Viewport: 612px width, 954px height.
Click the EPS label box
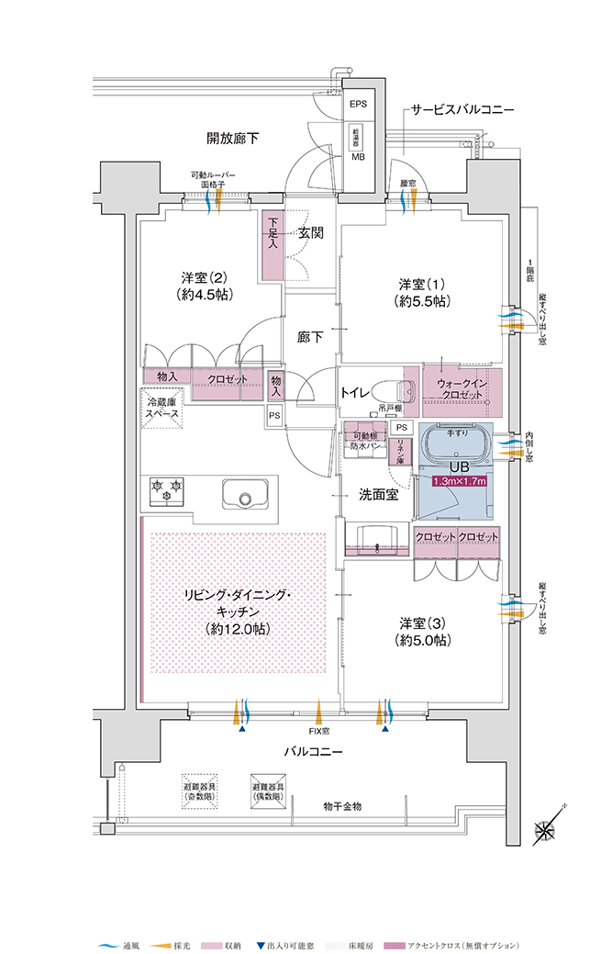pyautogui.click(x=358, y=104)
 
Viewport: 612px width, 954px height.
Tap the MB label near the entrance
pyautogui.click(x=358, y=156)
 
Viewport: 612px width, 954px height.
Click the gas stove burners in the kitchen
pyautogui.click(x=165, y=490)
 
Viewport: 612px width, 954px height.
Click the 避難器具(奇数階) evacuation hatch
pyautogui.click(x=201, y=790)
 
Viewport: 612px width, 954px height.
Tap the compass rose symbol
pyautogui.click(x=547, y=830)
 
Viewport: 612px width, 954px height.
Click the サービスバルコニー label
pyautogui.click(x=462, y=110)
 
